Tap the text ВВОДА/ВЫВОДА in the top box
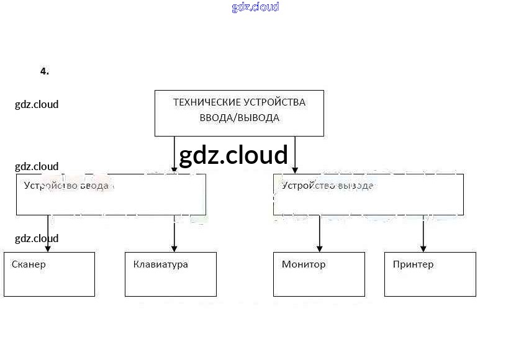click(x=239, y=118)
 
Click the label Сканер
click(x=29, y=264)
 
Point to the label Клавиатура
click(x=160, y=264)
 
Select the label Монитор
click(x=304, y=264)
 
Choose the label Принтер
click(x=413, y=264)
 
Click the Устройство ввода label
click(x=66, y=186)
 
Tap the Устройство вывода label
click(x=327, y=186)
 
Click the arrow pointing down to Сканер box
click(x=48, y=233)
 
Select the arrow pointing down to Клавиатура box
click(x=174, y=233)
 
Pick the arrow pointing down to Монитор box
click(x=319, y=233)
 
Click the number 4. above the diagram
click(x=44, y=71)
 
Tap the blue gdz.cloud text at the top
click(x=255, y=7)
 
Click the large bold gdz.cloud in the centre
click(x=233, y=155)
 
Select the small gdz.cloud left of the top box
click(x=37, y=104)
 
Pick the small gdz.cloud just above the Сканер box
click(x=37, y=238)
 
